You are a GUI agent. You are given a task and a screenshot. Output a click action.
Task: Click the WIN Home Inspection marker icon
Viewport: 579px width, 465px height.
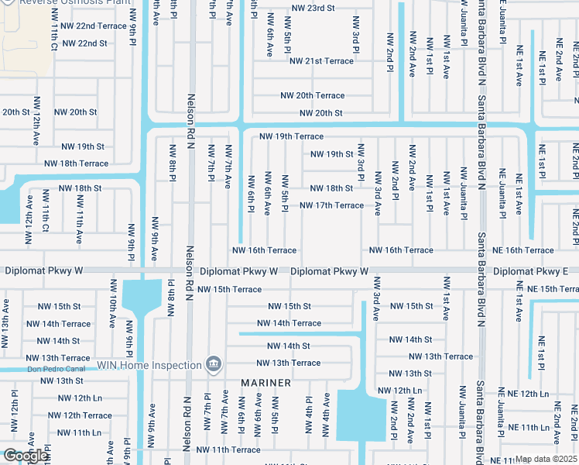[214, 363]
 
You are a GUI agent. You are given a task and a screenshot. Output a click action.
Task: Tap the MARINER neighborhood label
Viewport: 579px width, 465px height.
[266, 383]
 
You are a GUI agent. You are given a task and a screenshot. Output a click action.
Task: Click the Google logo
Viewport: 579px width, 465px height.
[26, 456]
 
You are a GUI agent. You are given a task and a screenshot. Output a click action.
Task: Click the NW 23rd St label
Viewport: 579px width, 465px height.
[313, 8]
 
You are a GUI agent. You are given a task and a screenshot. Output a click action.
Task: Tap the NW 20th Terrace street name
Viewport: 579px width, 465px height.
[312, 95]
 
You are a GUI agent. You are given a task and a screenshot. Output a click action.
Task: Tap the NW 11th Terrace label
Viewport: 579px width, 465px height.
[228, 449]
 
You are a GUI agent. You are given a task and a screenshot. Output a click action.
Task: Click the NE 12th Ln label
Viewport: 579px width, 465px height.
[523, 394]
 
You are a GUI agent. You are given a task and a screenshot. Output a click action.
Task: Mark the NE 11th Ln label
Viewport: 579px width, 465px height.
[524, 427]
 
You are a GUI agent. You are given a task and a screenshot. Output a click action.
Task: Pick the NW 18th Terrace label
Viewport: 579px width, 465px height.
[76, 164]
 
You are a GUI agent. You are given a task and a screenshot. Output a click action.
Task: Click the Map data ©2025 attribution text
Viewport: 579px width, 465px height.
[545, 460]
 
